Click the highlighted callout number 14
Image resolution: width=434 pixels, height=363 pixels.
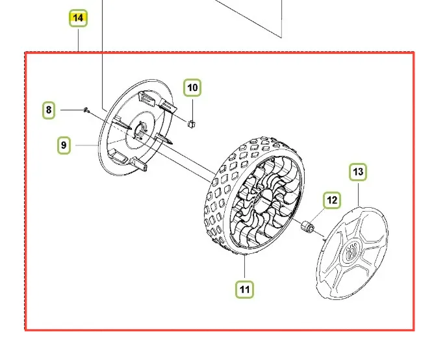79,18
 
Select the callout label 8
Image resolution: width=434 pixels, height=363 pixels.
49,110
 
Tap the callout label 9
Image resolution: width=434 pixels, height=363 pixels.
64,145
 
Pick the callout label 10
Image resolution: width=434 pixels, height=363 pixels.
193,88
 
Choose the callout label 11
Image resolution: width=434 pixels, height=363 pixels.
245,290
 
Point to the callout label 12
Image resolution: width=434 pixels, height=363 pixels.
332,200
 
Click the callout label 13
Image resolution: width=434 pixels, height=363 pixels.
358,172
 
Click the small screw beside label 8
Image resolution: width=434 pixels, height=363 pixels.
86,110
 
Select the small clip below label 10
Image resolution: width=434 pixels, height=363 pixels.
192,124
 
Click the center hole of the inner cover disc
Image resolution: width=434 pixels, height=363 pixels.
140,129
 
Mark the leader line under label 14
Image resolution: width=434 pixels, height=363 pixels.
79,40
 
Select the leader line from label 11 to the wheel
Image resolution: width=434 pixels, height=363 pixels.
245,268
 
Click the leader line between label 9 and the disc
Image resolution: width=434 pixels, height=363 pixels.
86,145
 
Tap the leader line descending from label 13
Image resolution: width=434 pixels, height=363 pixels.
358,194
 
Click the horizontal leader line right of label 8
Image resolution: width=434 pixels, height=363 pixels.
72,110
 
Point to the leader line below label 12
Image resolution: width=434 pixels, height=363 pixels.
318,215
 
